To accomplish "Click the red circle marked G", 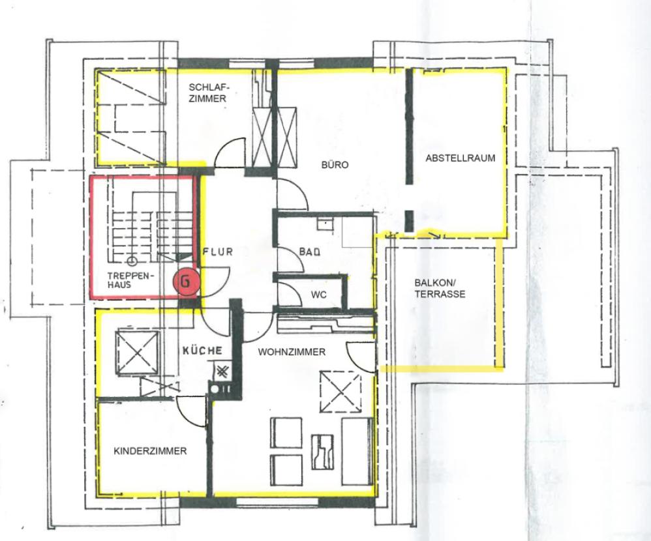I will tap(185, 281).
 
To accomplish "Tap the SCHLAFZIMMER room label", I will tap(207, 93).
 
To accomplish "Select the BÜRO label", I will tap(335, 165).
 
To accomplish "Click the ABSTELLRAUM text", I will tap(460, 158).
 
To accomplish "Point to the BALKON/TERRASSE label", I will tap(440, 289).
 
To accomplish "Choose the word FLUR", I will tap(217, 252).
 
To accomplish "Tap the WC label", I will tap(318, 295).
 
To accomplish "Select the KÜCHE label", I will tap(203, 350).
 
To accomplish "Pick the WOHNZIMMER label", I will tap(292, 352).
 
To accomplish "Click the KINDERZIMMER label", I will tap(150, 451).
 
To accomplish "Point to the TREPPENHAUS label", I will tap(130, 280).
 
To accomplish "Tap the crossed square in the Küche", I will tap(136, 353).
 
